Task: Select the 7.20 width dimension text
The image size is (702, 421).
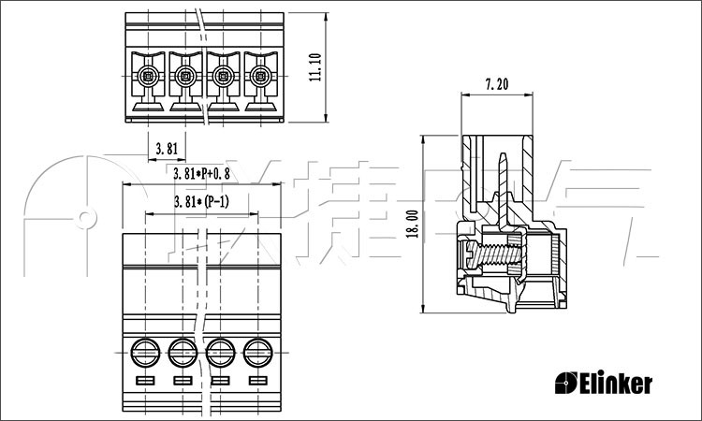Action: [x=496, y=84]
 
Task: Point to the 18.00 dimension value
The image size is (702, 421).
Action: [x=412, y=224]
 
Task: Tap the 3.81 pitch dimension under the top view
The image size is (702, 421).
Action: [x=167, y=148]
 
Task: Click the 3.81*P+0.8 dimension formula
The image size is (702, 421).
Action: [x=201, y=174]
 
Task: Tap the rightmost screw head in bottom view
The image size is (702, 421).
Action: [x=258, y=353]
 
